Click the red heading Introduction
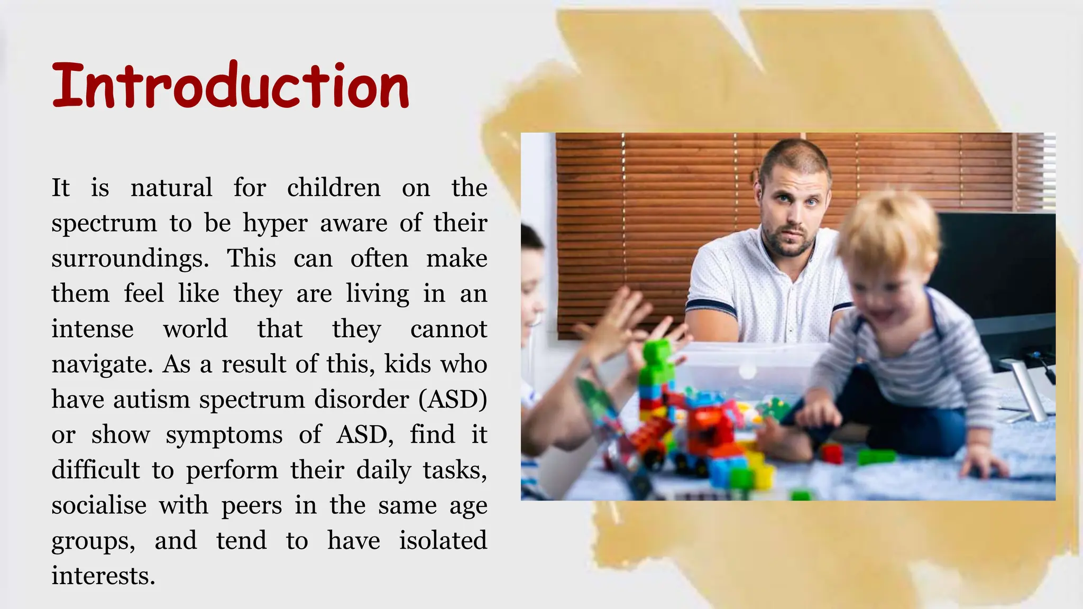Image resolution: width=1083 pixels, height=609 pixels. click(231, 86)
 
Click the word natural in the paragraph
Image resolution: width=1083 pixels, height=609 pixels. click(171, 188)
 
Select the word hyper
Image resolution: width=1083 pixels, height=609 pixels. click(275, 224)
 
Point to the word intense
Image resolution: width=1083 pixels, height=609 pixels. click(93, 329)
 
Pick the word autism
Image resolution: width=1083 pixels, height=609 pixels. click(151, 400)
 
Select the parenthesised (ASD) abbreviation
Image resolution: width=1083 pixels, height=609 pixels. click(453, 400)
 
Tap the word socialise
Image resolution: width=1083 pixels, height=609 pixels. click(99, 505)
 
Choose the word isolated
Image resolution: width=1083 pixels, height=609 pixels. click(443, 541)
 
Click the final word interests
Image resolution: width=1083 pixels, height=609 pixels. click(103, 576)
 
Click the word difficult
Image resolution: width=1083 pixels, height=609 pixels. click(96, 470)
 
